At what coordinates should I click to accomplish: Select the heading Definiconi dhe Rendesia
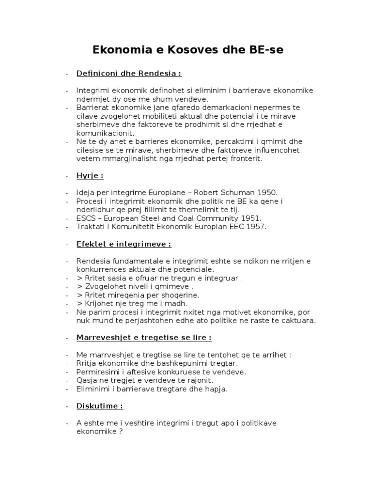point(128,74)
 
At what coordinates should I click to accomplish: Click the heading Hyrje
point(90,176)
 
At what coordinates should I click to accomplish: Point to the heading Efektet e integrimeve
point(124,244)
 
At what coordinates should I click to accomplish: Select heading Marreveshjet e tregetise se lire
point(144,337)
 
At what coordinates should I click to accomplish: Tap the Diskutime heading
point(99,406)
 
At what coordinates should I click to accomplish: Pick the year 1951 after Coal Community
point(252,218)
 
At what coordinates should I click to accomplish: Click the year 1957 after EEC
point(257,226)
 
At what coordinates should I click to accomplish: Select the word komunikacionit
point(105,133)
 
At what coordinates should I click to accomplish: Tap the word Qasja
point(86,380)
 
